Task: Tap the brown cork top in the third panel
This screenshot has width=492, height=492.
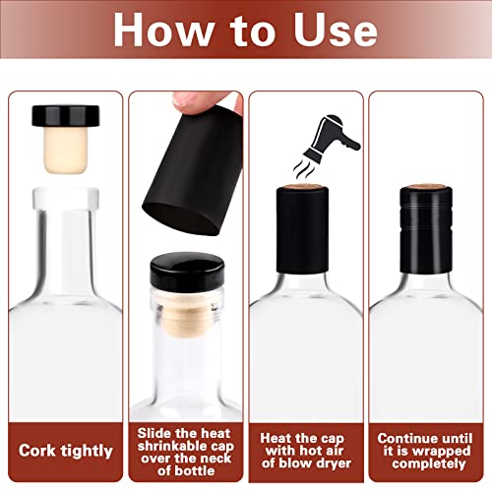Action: click(x=306, y=185)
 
